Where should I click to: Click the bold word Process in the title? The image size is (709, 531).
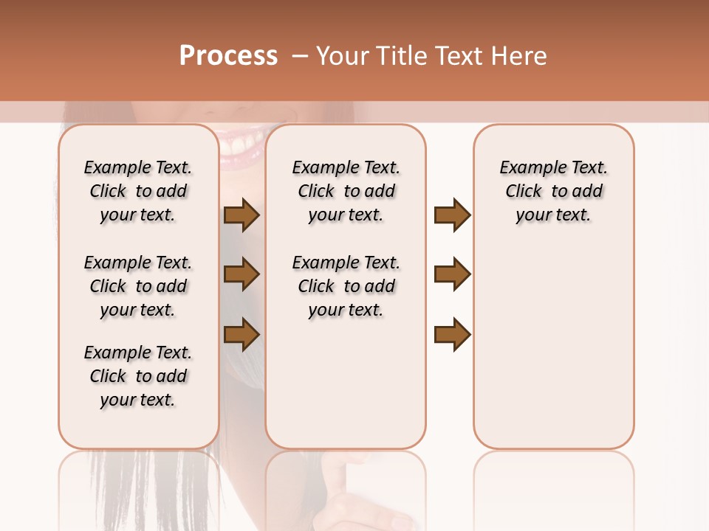click(x=228, y=56)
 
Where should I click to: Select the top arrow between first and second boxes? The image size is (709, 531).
click(x=242, y=215)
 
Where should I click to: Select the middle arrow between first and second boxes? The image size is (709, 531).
click(x=242, y=274)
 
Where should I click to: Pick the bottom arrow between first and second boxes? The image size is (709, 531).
click(x=242, y=334)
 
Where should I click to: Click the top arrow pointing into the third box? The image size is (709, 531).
click(x=452, y=215)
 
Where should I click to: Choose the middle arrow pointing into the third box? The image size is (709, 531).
click(x=452, y=274)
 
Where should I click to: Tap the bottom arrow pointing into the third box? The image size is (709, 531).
click(x=452, y=334)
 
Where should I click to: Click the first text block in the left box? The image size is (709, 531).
click(x=138, y=191)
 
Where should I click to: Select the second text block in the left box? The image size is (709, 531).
click(x=138, y=286)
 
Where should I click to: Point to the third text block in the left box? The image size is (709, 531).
click(x=138, y=376)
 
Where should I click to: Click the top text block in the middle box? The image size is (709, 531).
click(x=346, y=191)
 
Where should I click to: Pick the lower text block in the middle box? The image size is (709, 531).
click(x=346, y=286)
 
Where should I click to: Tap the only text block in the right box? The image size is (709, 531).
click(x=554, y=191)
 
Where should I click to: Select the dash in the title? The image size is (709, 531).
click(x=299, y=56)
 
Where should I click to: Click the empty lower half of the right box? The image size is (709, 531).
click(x=554, y=354)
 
